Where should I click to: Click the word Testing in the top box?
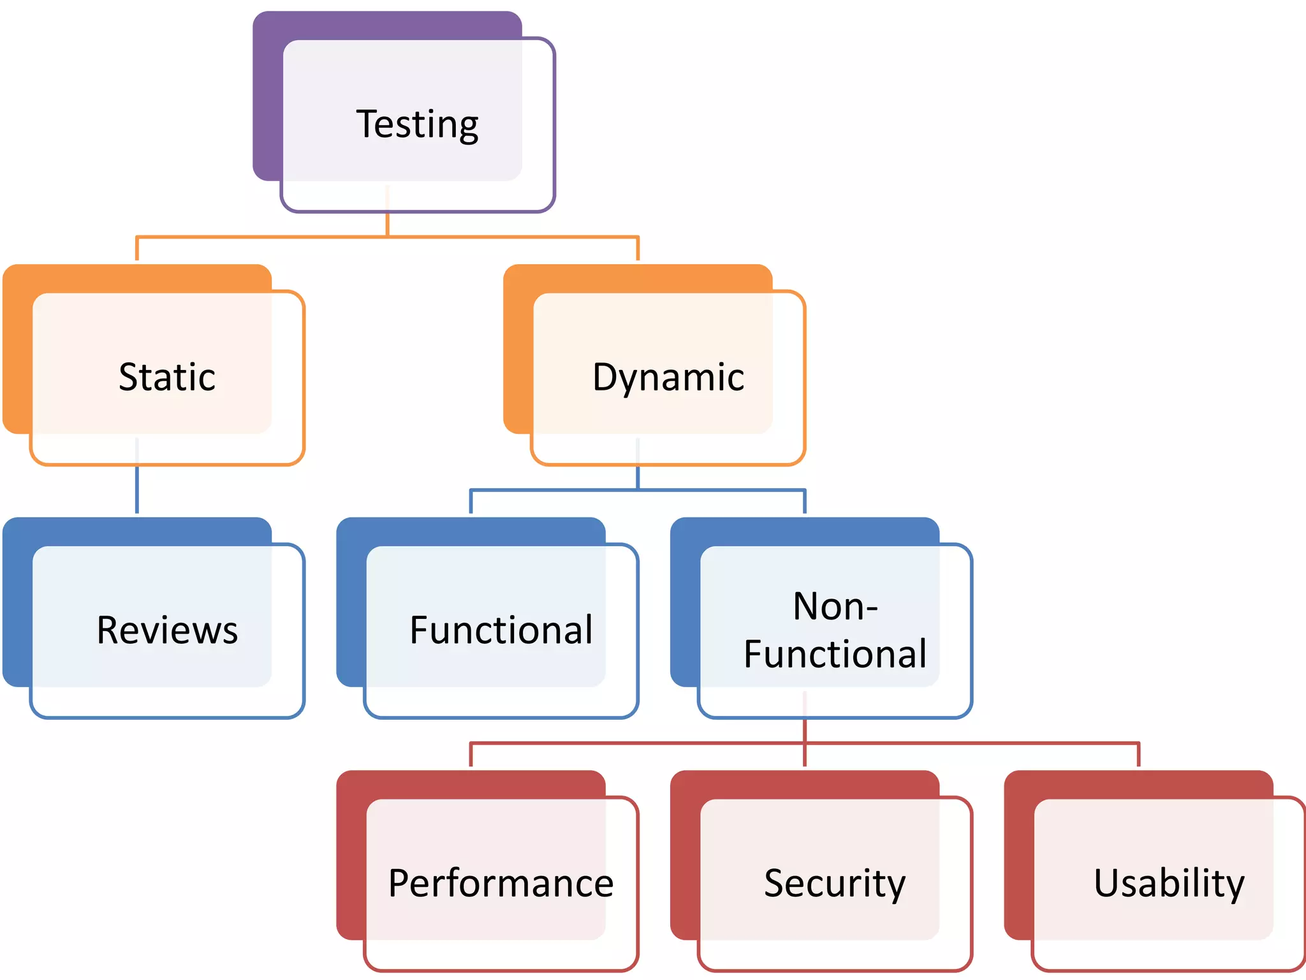click(x=417, y=124)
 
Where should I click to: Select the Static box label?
click(x=167, y=377)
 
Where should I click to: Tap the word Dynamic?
click(x=668, y=377)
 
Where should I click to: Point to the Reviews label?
click(x=167, y=630)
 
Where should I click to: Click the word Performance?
click(x=501, y=884)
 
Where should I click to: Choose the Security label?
click(x=835, y=884)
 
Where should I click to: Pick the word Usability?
click(x=1169, y=884)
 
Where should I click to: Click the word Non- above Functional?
click(x=835, y=606)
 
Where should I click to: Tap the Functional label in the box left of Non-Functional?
click(x=501, y=630)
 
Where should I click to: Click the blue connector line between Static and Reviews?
click(x=137, y=490)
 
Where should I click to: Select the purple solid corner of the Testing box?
click(x=268, y=96)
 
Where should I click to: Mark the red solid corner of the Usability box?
click(x=1019, y=855)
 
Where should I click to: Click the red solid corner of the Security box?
click(x=685, y=855)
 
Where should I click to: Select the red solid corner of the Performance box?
click(x=351, y=855)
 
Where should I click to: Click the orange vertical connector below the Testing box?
click(x=387, y=223)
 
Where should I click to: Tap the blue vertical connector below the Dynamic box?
click(x=638, y=477)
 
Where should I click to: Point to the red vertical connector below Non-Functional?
click(x=805, y=731)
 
